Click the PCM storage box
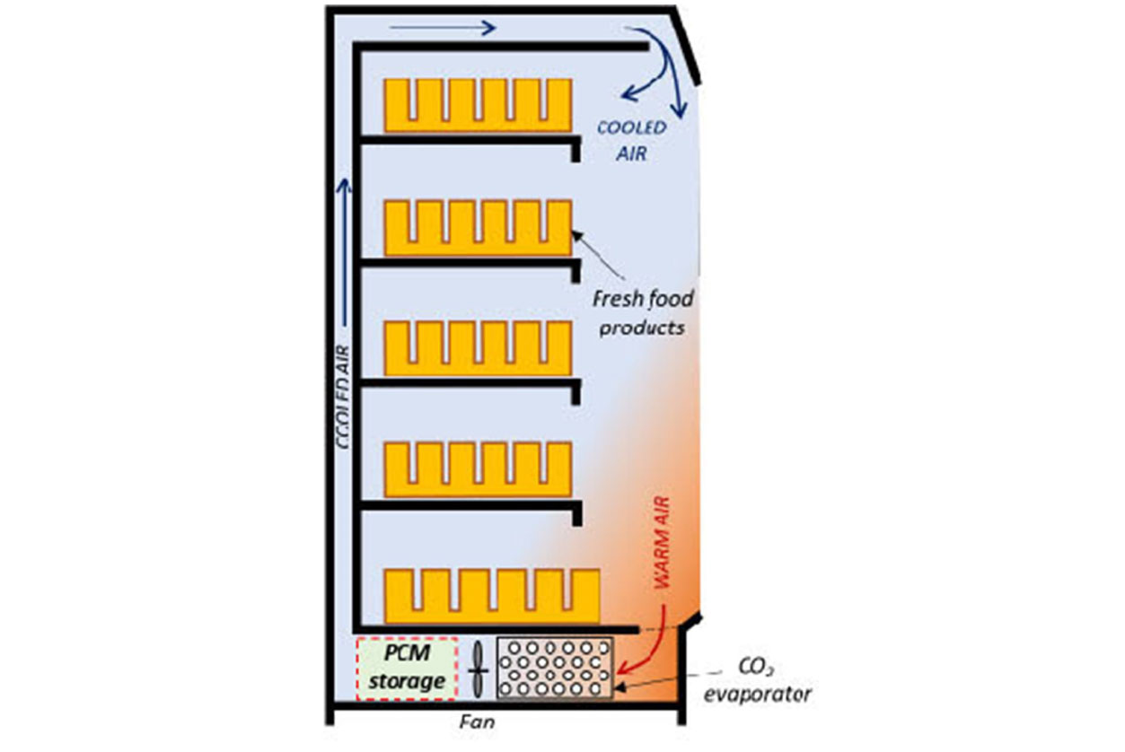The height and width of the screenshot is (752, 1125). click(408, 669)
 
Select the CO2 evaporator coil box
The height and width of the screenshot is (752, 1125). click(555, 668)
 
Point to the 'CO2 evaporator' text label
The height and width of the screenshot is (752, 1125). click(763, 682)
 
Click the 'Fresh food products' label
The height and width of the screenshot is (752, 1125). click(642, 311)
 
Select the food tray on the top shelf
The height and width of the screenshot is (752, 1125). click(478, 104)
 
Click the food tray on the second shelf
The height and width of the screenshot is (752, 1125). click(478, 227)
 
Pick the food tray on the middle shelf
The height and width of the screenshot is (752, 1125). click(478, 348)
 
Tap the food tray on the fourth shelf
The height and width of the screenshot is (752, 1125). click(478, 468)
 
